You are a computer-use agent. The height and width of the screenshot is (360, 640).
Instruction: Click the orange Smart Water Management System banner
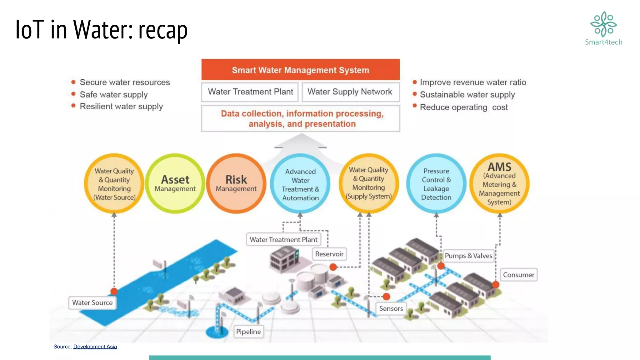coord(300,70)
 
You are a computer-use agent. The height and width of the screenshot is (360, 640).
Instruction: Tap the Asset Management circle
coord(175,183)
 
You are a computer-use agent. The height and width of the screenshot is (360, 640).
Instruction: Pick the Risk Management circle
coord(236,183)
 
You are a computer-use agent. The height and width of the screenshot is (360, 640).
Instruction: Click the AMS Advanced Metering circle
coord(499,183)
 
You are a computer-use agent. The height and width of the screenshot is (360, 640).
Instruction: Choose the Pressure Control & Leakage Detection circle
coord(436,184)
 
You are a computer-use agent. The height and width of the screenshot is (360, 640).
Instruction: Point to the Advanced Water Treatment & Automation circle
coord(300,184)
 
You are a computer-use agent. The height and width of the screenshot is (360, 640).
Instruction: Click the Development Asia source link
coord(95,347)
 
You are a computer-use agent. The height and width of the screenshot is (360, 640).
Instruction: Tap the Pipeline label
coord(248,332)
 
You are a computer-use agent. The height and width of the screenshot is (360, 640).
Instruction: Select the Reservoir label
coord(329,254)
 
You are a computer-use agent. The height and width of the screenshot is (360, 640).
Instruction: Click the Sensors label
coord(391,308)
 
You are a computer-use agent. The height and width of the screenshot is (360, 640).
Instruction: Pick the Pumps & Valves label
coord(468,256)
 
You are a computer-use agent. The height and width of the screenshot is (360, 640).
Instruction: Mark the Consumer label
coord(518,275)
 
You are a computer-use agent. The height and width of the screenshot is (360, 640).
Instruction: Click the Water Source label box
coord(92,302)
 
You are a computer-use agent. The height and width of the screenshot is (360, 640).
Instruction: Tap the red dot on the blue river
coord(114,291)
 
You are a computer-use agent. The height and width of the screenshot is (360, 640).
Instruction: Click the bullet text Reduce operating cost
coord(464,107)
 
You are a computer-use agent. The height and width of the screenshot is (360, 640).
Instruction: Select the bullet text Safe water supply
coord(113,94)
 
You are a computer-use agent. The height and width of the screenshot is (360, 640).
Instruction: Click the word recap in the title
coord(163,30)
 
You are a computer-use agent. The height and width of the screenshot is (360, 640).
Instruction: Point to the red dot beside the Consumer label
coord(496,284)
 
